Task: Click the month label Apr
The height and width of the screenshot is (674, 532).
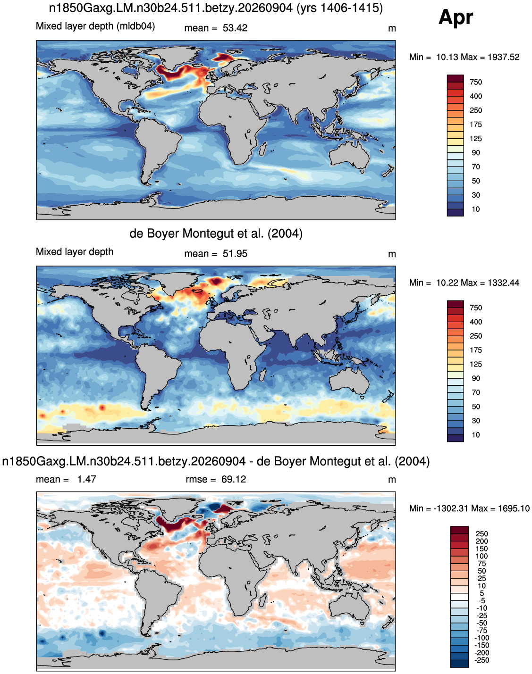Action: click(x=456, y=17)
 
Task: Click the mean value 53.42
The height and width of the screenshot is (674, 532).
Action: click(x=235, y=28)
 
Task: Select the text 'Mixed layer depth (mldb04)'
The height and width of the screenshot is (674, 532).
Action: click(x=95, y=26)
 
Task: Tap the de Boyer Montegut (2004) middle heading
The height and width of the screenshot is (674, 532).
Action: click(x=216, y=233)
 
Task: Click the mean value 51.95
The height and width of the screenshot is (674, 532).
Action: click(x=235, y=254)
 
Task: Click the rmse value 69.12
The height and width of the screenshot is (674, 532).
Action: click(x=234, y=480)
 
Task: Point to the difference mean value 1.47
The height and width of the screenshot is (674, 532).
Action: click(x=86, y=480)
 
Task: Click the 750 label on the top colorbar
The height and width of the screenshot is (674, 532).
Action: click(x=475, y=83)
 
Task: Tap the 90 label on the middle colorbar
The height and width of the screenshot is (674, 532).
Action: click(x=475, y=378)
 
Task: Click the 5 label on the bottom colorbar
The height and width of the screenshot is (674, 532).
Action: click(x=481, y=593)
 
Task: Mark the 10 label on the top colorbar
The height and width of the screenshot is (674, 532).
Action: click(x=475, y=209)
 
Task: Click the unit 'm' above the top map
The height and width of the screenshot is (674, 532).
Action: click(x=392, y=29)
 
